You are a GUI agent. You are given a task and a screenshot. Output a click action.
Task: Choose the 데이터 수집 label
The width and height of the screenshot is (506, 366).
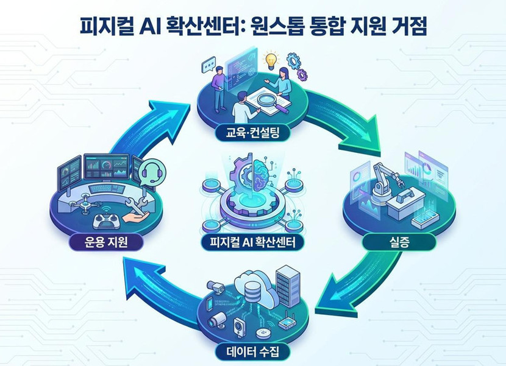pyautogui.click(x=252, y=351)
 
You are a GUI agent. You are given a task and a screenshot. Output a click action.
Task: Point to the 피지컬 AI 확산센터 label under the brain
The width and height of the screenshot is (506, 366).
pyautogui.click(x=252, y=244)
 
